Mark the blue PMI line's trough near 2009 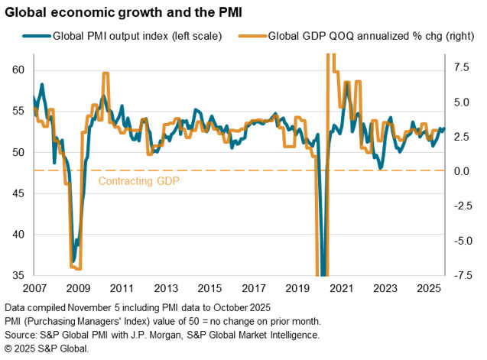[x=73, y=261]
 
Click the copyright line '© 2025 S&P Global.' [x=46, y=348]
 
